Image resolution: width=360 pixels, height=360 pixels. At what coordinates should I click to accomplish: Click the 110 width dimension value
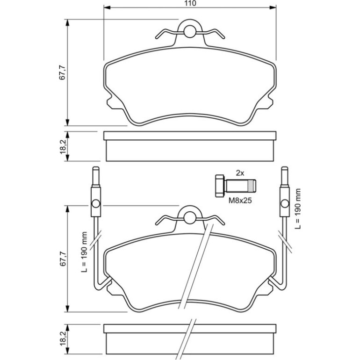tap(190, 3)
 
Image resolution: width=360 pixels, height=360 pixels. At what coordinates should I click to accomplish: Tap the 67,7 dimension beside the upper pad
tap(63, 72)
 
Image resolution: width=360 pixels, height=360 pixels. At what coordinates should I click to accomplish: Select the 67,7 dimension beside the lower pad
tap(63, 259)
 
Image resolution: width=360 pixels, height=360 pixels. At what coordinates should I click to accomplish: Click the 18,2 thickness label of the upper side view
tap(63, 147)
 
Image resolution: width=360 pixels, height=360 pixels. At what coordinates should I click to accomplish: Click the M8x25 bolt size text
tap(240, 201)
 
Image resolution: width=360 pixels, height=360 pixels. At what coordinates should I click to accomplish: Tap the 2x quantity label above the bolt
tap(240, 173)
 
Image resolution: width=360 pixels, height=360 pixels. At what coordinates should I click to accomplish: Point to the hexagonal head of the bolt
tap(220, 186)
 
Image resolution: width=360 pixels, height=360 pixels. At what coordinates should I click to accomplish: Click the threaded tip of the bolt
tap(252, 186)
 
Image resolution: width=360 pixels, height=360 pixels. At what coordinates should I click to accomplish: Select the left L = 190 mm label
tap(85, 252)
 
